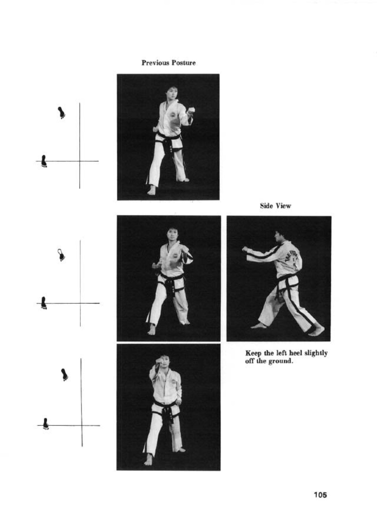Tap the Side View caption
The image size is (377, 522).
276,206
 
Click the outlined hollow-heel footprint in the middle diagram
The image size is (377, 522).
61,255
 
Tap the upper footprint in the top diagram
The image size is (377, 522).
61,113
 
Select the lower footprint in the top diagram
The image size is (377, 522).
44,161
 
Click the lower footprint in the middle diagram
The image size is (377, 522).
44,303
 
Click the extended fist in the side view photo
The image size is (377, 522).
245,249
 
